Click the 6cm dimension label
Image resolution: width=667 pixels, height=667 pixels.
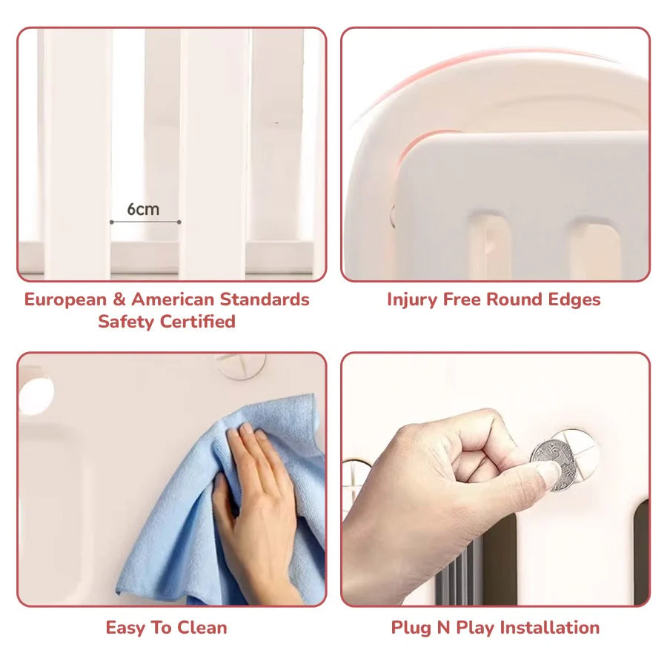143,209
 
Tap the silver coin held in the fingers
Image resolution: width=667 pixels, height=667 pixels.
553,465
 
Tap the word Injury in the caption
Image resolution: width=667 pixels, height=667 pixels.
412,300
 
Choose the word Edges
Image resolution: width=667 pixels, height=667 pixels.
574,300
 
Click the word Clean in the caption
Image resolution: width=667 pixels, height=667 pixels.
202,628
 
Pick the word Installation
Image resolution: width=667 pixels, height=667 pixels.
550,628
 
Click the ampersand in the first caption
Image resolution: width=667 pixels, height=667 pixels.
119,300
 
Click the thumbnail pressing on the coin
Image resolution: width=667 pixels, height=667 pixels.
548,472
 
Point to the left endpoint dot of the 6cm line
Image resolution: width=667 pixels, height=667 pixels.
111,222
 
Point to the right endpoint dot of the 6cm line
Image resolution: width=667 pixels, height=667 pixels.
179,222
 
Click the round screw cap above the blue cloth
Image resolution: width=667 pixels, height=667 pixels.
241,365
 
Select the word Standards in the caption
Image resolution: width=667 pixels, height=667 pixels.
265,299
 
